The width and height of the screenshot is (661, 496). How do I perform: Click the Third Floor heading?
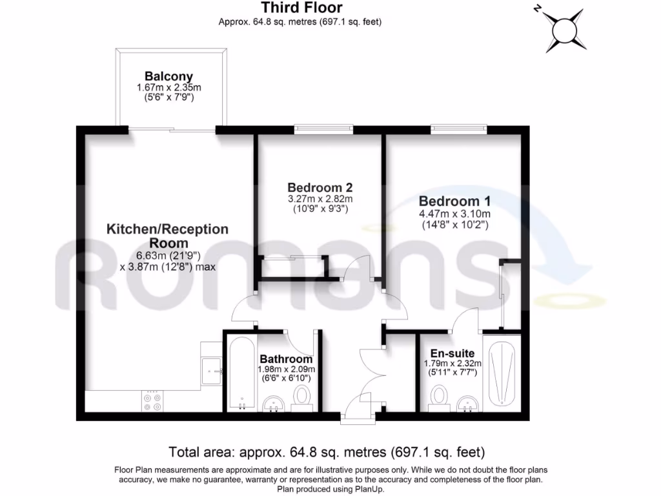point(301,8)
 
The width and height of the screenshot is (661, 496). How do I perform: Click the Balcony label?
point(169,76)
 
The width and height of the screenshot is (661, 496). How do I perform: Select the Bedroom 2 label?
point(320,187)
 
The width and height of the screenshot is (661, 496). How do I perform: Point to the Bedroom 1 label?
point(454,201)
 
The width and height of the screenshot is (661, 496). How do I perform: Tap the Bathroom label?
point(286,359)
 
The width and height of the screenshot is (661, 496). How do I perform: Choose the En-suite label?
point(453,353)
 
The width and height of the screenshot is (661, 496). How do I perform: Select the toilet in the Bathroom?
point(301,397)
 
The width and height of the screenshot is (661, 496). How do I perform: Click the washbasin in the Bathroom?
point(276,404)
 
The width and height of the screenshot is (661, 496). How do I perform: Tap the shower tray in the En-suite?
point(502,371)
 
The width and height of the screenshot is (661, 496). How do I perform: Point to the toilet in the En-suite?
point(440,396)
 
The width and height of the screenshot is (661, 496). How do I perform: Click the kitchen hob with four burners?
point(153,402)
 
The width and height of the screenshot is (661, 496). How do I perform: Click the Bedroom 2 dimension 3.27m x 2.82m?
point(320,199)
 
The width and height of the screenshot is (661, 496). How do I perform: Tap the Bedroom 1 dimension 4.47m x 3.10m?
point(454,214)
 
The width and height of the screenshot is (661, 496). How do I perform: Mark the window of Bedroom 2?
point(324,130)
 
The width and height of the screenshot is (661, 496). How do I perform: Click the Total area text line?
point(327,451)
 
